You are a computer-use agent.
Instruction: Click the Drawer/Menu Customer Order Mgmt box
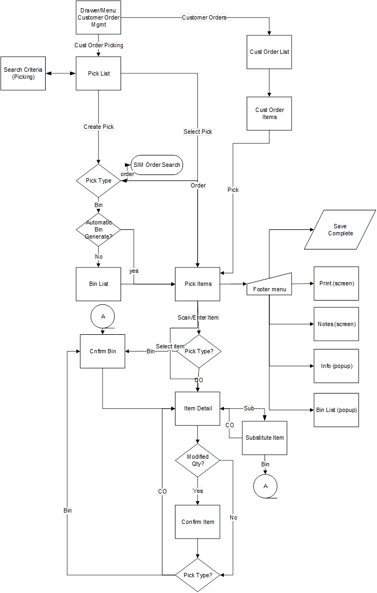(x=98, y=18)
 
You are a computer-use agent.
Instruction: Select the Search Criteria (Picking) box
(x=23, y=73)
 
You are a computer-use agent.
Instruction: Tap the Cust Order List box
(x=269, y=52)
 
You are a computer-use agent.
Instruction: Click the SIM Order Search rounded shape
(x=157, y=165)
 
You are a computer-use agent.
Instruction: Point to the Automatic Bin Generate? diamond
(x=98, y=230)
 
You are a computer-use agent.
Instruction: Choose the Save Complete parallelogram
(x=340, y=230)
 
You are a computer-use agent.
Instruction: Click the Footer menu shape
(x=269, y=285)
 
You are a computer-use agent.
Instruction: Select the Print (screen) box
(x=336, y=284)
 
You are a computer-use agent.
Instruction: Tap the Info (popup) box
(x=336, y=366)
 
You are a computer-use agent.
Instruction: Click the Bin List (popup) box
(x=336, y=410)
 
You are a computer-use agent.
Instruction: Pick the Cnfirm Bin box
(x=103, y=351)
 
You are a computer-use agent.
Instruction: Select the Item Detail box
(x=197, y=408)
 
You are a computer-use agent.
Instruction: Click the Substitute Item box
(x=265, y=438)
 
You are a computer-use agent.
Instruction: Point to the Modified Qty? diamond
(x=197, y=460)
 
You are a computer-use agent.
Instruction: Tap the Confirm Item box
(x=197, y=522)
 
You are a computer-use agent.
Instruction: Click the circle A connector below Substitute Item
(x=266, y=486)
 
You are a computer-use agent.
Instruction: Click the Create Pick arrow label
(x=98, y=127)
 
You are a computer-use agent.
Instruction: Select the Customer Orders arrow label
(x=204, y=17)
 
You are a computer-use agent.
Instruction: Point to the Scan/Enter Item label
(x=198, y=317)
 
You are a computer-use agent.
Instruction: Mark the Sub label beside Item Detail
(x=248, y=408)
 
